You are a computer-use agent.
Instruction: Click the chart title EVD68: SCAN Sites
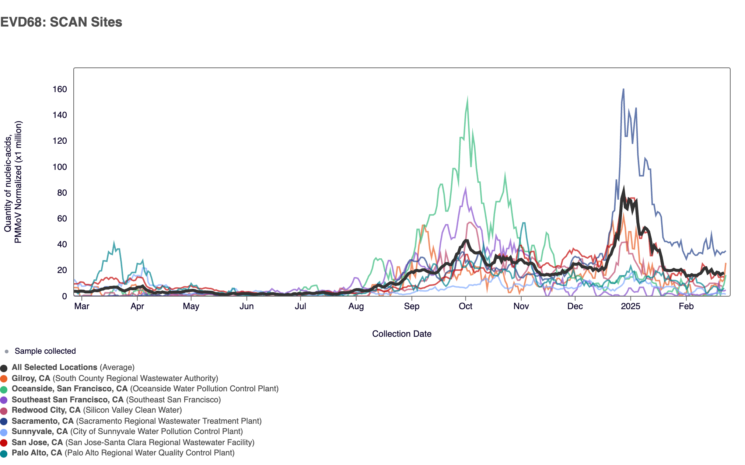(x=61, y=22)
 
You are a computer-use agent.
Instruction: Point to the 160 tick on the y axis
(x=60, y=89)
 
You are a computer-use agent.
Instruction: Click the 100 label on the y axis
(x=60, y=167)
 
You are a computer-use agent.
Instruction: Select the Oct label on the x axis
(x=465, y=306)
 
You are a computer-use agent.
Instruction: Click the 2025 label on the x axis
(x=630, y=306)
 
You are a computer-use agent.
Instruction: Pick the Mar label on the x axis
(x=81, y=306)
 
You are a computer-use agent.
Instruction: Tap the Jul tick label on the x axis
(x=300, y=306)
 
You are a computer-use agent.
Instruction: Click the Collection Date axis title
(x=402, y=334)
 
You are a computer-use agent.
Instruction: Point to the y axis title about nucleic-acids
(x=13, y=182)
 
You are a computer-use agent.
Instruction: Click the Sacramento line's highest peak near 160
(x=623, y=89)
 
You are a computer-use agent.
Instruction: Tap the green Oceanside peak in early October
(x=468, y=99)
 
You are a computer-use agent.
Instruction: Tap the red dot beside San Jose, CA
(x=4, y=443)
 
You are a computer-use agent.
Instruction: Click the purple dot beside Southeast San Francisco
(x=4, y=400)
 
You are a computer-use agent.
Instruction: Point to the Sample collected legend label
(x=45, y=351)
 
